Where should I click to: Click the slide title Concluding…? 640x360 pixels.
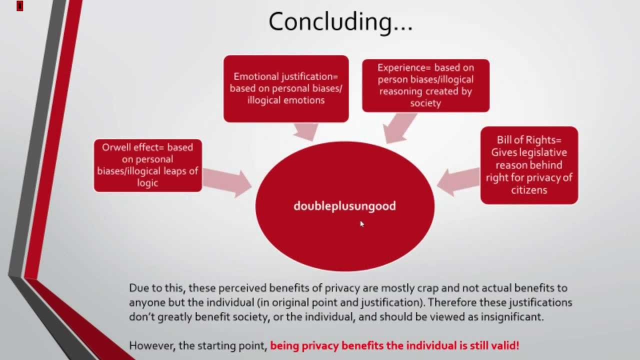click(340, 21)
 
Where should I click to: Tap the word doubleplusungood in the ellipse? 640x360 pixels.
click(344, 206)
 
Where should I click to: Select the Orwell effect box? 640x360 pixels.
click(148, 165)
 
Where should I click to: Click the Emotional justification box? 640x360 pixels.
click(286, 89)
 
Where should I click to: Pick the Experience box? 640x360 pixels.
click(425, 85)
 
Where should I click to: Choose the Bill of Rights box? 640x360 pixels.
click(529, 165)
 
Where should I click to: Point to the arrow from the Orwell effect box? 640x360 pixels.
click(227, 181)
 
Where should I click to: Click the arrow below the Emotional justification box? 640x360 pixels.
click(305, 131)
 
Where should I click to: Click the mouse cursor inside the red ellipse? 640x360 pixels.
click(362, 224)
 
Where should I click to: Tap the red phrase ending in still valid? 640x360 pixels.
click(394, 345)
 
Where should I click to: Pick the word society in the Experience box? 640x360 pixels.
click(425, 103)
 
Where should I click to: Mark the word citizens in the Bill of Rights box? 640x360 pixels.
click(529, 190)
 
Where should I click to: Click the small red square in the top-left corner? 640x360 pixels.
click(19, 6)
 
